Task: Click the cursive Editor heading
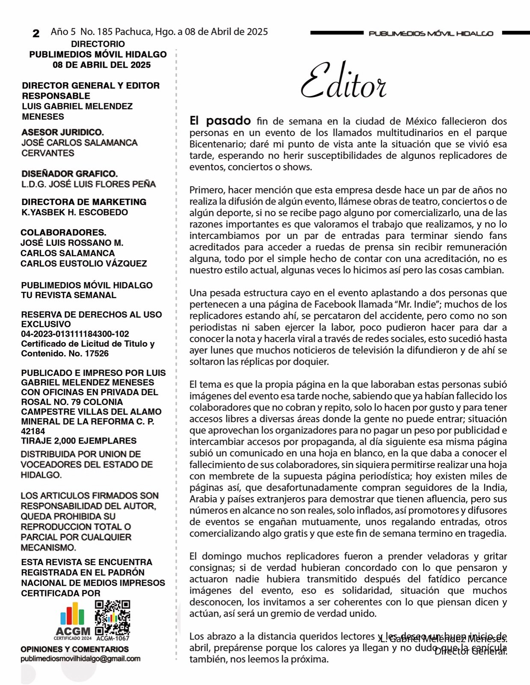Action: click(x=343, y=81)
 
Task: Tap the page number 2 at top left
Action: click(x=36, y=33)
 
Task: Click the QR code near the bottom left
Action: click(x=112, y=617)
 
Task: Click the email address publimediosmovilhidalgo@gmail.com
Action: click(x=80, y=659)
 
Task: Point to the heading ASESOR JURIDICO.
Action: click(x=63, y=132)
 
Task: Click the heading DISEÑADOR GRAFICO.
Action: click(x=70, y=174)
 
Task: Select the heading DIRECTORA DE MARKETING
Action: click(x=84, y=202)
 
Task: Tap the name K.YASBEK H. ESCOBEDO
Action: click(x=74, y=212)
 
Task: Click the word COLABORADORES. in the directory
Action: click(x=63, y=232)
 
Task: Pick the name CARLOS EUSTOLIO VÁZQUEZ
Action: click(x=83, y=263)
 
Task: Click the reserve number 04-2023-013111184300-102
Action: click(x=75, y=334)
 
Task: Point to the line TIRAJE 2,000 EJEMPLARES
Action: click(x=79, y=441)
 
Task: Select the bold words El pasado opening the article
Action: click(x=220, y=121)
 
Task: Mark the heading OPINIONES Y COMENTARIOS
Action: click(x=74, y=649)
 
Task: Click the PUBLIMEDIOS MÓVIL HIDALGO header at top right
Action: click(x=431, y=33)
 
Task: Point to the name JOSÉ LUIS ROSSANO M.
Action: click(x=72, y=243)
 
